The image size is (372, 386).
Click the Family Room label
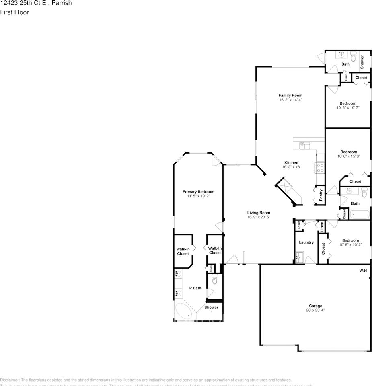click(290, 96)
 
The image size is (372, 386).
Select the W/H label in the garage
click(363, 271)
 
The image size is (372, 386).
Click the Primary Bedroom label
click(198, 192)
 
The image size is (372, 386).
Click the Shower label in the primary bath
click(211, 308)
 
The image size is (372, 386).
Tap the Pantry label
click(321, 195)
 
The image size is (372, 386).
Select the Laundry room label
click(306, 242)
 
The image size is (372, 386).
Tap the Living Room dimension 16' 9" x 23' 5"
click(259, 217)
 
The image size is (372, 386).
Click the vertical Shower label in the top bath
click(362, 61)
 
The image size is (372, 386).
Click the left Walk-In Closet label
click(183, 251)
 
